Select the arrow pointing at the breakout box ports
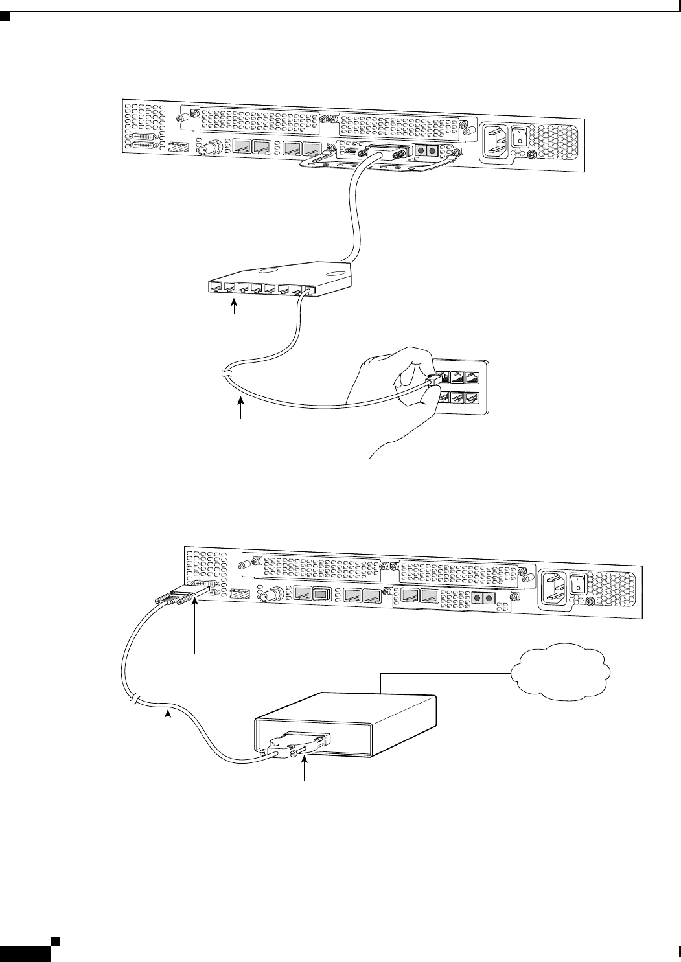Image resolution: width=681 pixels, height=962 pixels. coord(235,308)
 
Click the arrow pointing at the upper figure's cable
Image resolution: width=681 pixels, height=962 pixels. coord(242,411)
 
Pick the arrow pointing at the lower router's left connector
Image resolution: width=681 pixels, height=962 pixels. coord(193,624)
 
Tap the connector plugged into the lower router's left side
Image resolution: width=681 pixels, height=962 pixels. coord(179,597)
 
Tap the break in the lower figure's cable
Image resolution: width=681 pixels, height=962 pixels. coord(134,700)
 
